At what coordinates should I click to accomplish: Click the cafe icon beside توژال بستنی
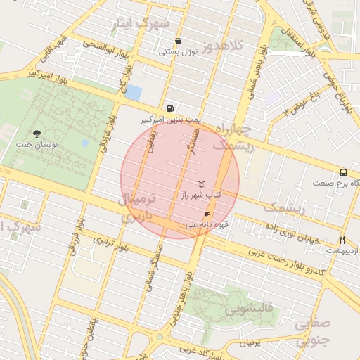(x=179, y=41)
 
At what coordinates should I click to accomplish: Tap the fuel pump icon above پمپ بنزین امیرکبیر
(x=170, y=109)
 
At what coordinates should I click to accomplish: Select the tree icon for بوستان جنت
(x=37, y=133)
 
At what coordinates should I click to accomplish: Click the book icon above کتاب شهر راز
(x=202, y=183)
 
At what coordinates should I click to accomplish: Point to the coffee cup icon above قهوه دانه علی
(x=207, y=214)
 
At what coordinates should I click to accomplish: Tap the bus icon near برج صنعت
(x=343, y=172)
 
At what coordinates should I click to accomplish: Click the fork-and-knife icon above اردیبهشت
(x=342, y=239)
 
